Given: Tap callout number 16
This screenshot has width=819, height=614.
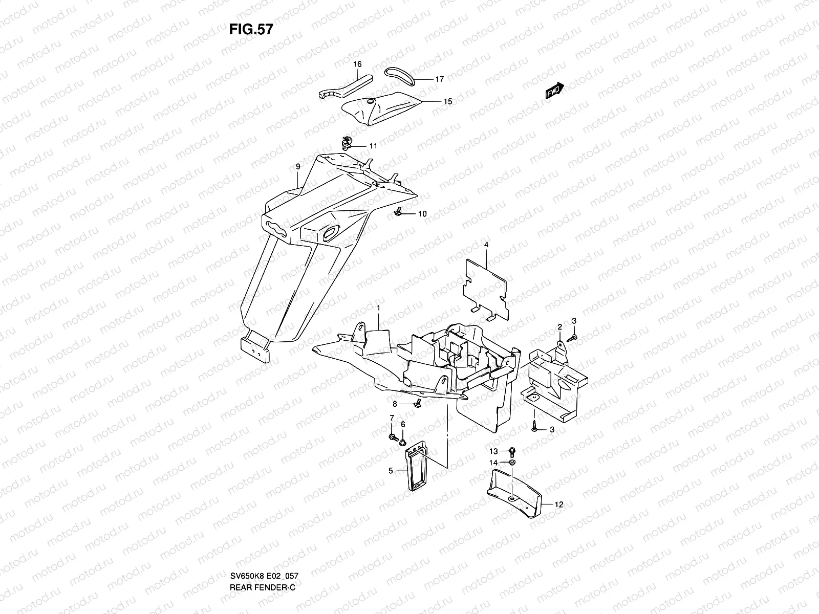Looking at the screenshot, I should coord(357,64).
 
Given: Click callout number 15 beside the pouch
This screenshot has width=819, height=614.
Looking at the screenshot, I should coord(447,101).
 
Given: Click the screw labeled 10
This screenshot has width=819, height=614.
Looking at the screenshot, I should coord(398,211).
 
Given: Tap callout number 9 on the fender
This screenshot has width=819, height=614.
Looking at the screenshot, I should coord(297,167).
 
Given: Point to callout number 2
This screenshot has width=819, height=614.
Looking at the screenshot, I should coord(560,327).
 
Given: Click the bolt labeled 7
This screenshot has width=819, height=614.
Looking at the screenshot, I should coord(393,437).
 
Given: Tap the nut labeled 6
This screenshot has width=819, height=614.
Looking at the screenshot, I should coord(403,441).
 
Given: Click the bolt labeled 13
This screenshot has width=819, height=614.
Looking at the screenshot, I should coord(513,451).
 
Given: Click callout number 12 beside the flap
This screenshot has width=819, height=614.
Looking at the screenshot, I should coord(559,505).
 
